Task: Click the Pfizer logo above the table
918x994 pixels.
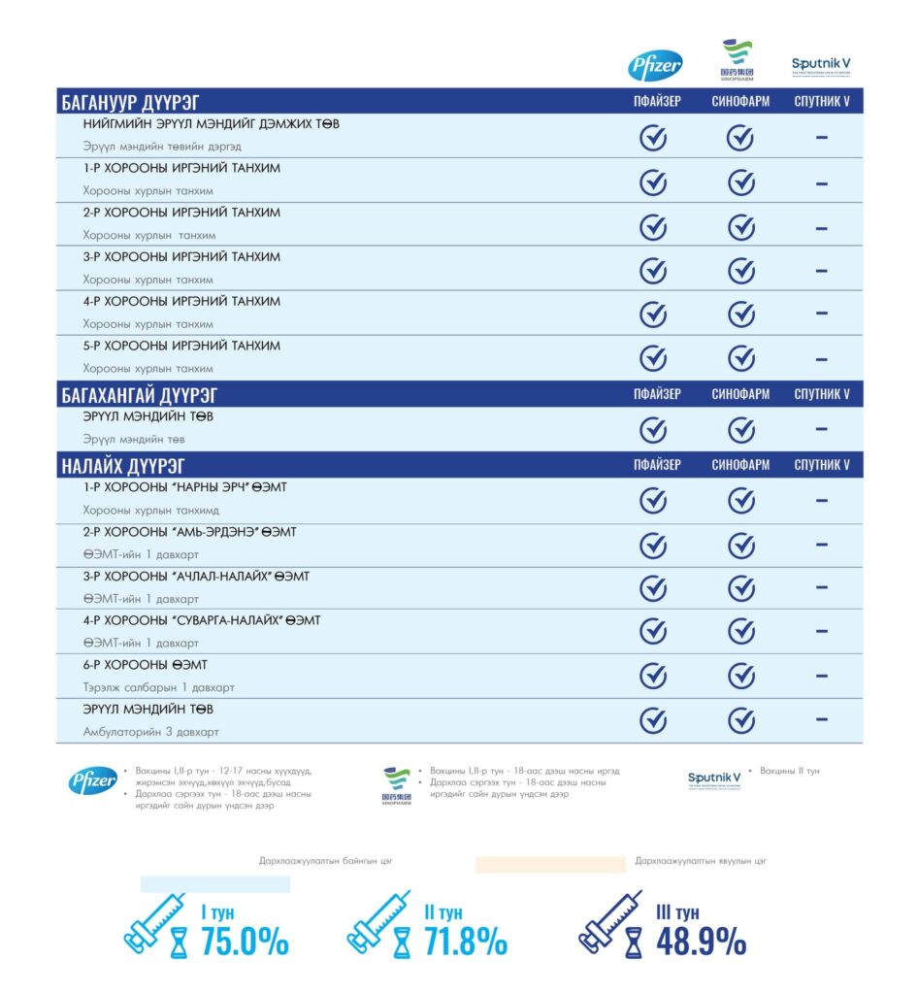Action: [656, 65]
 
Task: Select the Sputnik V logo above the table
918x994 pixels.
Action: [821, 66]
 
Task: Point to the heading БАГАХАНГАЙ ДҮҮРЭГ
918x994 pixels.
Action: [139, 394]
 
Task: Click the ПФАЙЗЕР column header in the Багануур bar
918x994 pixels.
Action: [657, 102]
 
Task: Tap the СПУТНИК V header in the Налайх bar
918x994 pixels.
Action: [821, 465]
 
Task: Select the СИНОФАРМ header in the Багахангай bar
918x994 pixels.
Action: [740, 394]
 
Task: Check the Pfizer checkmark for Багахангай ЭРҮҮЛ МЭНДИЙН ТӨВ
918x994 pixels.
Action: [653, 428]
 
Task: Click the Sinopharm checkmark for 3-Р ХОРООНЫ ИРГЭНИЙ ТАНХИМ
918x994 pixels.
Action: [741, 271]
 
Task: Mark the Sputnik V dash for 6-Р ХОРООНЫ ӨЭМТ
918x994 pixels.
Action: [821, 676]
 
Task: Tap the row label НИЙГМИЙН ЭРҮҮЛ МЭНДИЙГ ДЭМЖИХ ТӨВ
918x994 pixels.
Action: [211, 124]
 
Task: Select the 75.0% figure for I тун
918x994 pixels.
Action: [245, 941]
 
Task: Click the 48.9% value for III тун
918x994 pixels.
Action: [701, 941]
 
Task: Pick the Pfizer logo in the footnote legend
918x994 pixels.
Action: [93, 780]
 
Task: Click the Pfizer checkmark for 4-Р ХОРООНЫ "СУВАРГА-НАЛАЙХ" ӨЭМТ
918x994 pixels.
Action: [653, 631]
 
